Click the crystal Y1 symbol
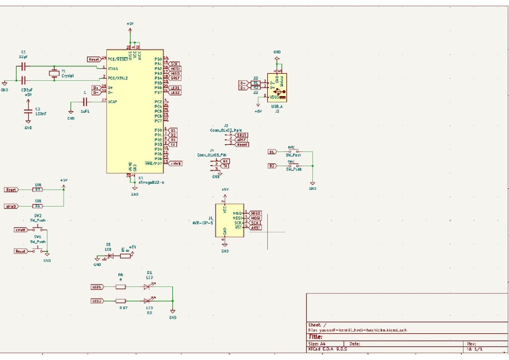[54, 74]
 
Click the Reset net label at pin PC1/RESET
[93, 59]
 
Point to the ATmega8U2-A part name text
[151, 182]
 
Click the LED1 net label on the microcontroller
[175, 88]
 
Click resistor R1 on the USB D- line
[256, 83]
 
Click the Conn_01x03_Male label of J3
[225, 130]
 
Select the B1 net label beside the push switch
[272, 152]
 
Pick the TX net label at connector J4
[226, 167]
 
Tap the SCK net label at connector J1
[255, 223]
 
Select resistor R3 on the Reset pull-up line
[38, 190]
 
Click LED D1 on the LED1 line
[149, 287]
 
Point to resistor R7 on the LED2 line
[121, 301]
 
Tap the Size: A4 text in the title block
[316, 343]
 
